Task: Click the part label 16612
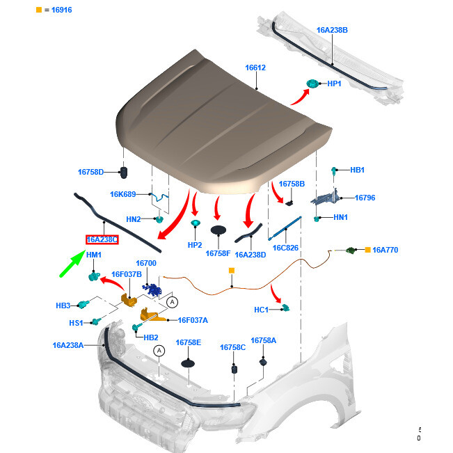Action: [x=255, y=68]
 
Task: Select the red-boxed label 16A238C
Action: [x=102, y=239]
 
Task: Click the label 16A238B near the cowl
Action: [x=332, y=31]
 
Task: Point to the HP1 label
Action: [x=334, y=84]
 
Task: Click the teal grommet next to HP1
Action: [x=312, y=85]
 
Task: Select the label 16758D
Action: [x=90, y=172]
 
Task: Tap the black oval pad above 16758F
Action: [x=218, y=229]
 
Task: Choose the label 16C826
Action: [x=285, y=248]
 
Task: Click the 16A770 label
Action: [x=385, y=249]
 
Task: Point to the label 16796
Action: [x=365, y=198]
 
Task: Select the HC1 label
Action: [x=262, y=309]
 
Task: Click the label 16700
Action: [x=146, y=264]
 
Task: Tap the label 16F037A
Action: [x=193, y=320]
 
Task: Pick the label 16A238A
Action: [x=68, y=344]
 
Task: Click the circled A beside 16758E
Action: [x=159, y=351]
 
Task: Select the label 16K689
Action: [x=123, y=194]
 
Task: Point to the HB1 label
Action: [x=357, y=170]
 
